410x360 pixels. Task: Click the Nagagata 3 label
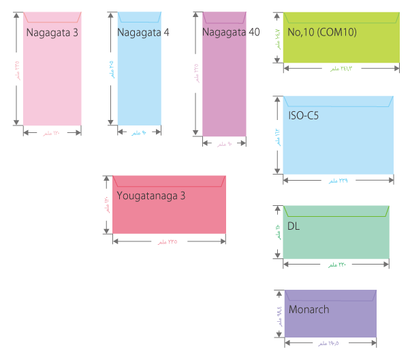click(51, 32)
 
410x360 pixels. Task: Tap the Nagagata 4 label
click(143, 32)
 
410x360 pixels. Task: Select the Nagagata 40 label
click(231, 32)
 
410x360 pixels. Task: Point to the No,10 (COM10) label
click(321, 32)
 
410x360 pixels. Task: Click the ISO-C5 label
click(303, 116)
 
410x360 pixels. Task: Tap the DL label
click(294, 224)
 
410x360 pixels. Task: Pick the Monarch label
click(309, 310)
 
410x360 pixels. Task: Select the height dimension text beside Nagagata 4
click(110, 69)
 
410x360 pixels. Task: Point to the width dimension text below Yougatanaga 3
click(169, 243)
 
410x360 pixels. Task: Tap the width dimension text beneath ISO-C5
click(338, 181)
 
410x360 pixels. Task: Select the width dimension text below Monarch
click(330, 343)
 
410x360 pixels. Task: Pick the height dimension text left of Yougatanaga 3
click(106, 205)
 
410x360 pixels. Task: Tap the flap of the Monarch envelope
click(330, 295)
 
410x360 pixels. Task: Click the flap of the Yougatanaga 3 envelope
click(169, 181)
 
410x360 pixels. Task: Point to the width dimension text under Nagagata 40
click(225, 145)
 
